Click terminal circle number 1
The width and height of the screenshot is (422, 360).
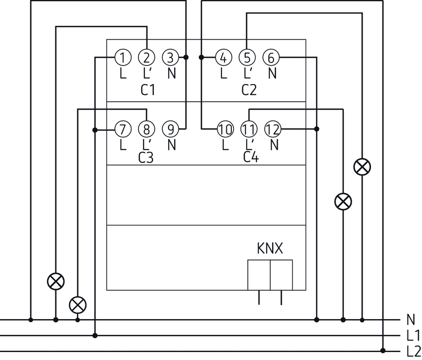(123, 57)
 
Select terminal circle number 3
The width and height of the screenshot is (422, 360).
(171, 57)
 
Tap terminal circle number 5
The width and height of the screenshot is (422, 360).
(247, 57)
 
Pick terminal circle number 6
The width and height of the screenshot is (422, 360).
(271, 57)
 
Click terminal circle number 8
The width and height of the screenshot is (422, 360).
(147, 129)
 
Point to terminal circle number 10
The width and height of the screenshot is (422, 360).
(225, 129)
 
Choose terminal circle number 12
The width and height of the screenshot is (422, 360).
(273, 129)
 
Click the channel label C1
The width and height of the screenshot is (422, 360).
(148, 90)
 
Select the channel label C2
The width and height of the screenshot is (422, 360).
(249, 90)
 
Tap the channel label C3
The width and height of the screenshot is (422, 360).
(146, 158)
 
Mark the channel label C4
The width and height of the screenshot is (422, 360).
(251, 158)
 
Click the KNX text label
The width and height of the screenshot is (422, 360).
(270, 249)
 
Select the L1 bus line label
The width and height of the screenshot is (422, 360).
(413, 336)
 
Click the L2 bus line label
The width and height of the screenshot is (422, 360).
(414, 351)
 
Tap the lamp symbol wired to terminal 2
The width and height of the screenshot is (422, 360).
(56, 281)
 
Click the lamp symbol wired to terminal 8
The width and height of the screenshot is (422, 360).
(78, 304)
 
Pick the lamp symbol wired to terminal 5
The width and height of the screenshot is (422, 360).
(362, 167)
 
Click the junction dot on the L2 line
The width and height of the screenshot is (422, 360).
(383, 351)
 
